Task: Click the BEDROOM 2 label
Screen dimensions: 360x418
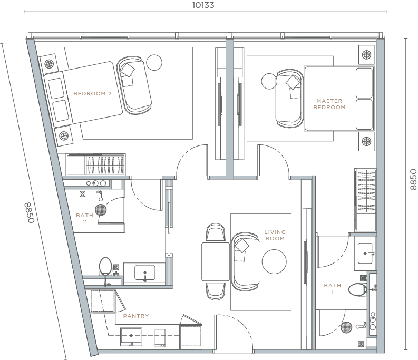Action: point(92,94)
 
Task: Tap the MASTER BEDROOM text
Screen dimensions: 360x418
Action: point(329,104)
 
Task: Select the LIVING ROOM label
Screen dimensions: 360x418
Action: point(275,235)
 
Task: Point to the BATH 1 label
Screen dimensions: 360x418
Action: point(332,288)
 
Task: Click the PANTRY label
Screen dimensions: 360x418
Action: point(135,316)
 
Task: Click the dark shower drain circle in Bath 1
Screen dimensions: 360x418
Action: point(345,328)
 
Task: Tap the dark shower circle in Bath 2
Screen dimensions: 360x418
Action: point(100,210)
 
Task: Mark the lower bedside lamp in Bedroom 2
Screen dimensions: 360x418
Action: point(63,137)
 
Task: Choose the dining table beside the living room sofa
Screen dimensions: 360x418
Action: point(215,261)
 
